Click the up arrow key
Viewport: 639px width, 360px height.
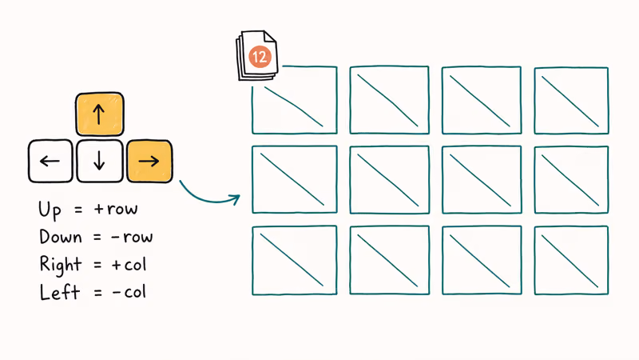point(99,114)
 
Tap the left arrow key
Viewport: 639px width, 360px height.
point(50,161)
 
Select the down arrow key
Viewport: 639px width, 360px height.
point(99,161)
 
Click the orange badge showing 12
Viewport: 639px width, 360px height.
point(260,56)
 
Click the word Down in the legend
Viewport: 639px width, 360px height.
point(59,237)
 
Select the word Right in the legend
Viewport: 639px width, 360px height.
point(59,265)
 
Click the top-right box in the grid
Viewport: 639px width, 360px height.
point(570,100)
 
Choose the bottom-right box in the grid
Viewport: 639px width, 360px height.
point(570,261)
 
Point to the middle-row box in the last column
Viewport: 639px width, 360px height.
point(570,180)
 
